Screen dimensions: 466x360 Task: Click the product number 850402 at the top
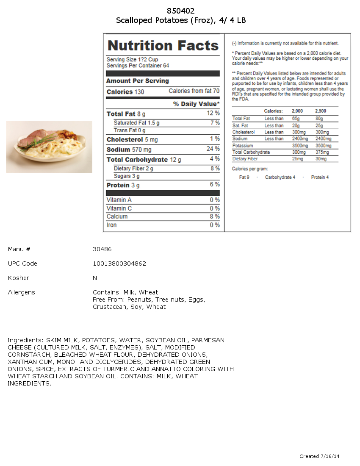181,11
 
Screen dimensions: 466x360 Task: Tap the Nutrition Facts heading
163,46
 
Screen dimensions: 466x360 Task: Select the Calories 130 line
125,92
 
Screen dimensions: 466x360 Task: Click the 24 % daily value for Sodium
213,149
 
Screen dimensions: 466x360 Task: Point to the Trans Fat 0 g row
130,130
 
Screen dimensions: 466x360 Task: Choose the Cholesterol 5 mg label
132,140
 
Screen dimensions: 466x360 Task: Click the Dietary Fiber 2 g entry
133,169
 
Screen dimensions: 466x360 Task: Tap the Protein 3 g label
123,186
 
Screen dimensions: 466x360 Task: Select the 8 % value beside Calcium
215,216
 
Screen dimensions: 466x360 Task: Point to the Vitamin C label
119,208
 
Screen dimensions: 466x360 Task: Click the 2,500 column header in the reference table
321,111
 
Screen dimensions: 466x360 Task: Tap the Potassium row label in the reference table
243,145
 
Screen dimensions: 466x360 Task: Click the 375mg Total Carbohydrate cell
322,152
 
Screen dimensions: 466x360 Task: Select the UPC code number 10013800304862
119,264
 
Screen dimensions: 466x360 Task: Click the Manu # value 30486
102,249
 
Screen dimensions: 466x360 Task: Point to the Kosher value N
95,278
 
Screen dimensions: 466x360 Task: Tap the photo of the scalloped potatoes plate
49,147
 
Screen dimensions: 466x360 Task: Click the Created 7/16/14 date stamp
319,456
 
